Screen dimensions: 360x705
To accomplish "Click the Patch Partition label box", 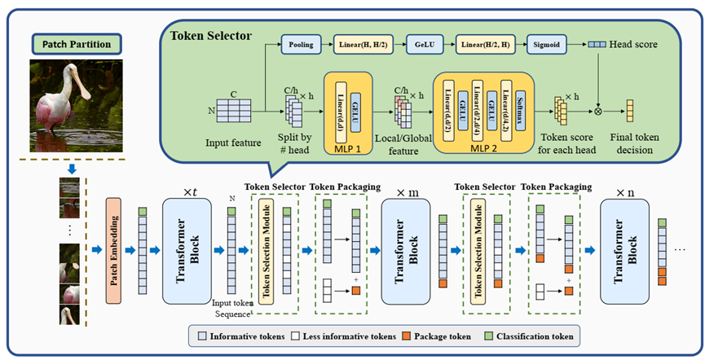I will click(77, 42).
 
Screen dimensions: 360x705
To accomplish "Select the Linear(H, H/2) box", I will click(366, 46).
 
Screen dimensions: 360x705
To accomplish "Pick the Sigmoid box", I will click(549, 46).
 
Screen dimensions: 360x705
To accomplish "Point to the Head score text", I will click(637, 47).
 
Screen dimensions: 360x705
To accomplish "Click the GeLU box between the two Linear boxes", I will click(426, 46).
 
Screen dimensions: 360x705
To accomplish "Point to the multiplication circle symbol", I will click(601, 107).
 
